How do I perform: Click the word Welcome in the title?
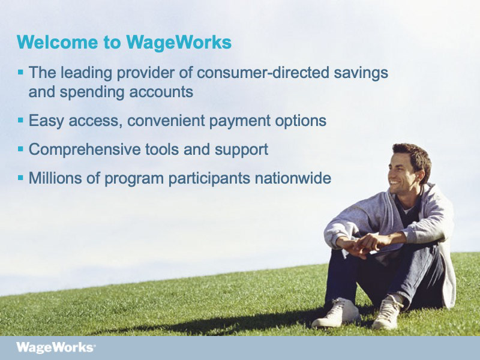tap(57, 42)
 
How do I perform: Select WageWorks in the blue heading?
tap(179, 42)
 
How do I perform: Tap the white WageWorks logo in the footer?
tap(56, 348)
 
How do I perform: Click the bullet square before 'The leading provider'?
tap(20, 72)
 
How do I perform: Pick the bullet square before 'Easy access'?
tap(20, 120)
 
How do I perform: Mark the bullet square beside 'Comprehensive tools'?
tap(20, 149)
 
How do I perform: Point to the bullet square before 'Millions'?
tap(20, 178)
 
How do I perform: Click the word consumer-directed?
tap(263, 73)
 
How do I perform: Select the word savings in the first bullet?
tap(361, 73)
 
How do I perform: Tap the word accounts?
tap(161, 92)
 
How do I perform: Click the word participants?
tap(209, 179)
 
